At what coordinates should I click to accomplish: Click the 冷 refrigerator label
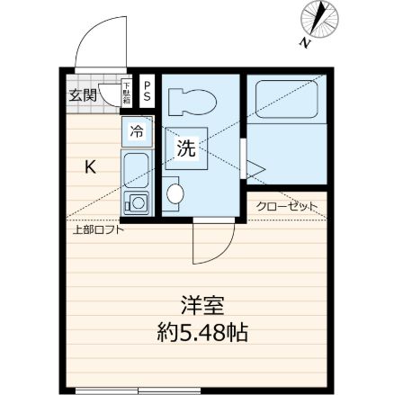[x=136, y=132]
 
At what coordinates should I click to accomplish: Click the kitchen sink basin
[x=136, y=168]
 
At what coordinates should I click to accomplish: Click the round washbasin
[x=176, y=193]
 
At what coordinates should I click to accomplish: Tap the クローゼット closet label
[x=287, y=206]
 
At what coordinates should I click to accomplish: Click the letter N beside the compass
[x=305, y=42]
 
